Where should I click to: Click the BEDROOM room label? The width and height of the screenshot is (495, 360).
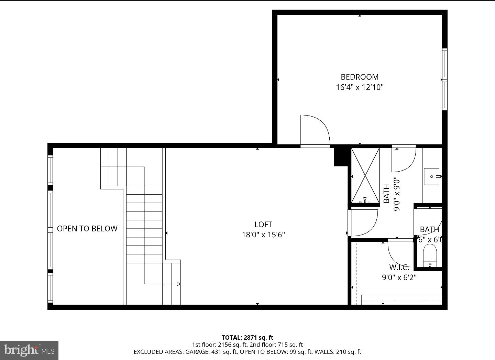(x=360, y=77)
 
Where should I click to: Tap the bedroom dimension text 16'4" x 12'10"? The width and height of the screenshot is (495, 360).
(x=360, y=87)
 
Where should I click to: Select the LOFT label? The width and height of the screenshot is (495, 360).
(x=263, y=225)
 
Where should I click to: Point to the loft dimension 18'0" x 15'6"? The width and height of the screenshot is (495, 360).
(x=263, y=235)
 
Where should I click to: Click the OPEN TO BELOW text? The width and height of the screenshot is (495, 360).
(x=87, y=229)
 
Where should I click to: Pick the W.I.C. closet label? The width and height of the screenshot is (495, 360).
(x=399, y=267)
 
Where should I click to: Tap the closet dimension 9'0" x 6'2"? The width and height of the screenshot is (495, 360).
(x=399, y=277)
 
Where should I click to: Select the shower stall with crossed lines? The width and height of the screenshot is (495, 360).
(x=365, y=175)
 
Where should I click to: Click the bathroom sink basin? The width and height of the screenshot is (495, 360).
(x=432, y=176)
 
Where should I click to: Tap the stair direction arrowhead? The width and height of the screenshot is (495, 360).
(x=178, y=284)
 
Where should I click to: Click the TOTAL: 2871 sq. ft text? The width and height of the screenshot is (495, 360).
(x=247, y=338)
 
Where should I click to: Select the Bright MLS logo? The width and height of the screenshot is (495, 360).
(x=29, y=350)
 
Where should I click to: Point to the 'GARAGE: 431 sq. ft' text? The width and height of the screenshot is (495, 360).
(x=211, y=352)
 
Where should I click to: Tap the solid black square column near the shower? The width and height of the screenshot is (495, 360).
(x=341, y=156)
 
